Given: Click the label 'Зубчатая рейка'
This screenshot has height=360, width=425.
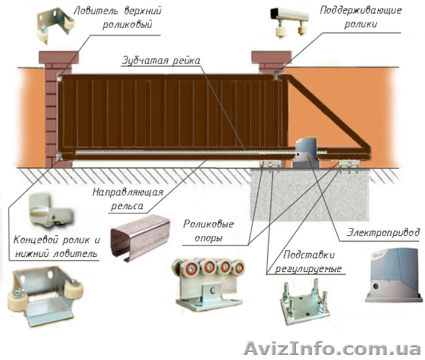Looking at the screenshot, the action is point(161,61).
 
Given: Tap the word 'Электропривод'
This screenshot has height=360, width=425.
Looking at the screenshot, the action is point(384,232).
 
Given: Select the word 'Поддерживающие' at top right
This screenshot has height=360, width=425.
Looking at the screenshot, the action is point(361,11).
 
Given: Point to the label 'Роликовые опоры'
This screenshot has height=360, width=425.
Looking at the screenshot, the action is point(209,231).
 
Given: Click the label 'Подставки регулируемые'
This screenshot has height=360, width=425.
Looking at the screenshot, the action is point(308,262).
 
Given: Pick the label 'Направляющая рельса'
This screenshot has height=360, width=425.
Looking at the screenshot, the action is point(128,199).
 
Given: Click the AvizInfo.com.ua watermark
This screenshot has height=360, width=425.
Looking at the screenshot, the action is point(332,348).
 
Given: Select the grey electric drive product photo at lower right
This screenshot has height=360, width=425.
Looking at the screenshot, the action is point(394,277).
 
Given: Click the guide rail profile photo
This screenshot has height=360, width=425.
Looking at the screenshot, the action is point(140,238).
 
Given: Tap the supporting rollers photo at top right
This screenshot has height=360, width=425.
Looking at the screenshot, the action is point(290,22).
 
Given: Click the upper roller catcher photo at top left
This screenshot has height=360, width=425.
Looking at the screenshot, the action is point(56,25).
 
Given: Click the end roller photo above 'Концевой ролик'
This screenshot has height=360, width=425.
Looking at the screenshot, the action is point(50,210).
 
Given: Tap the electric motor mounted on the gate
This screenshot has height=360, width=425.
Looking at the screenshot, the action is point(306,153).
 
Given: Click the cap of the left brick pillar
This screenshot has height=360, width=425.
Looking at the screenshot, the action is point(59,58).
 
